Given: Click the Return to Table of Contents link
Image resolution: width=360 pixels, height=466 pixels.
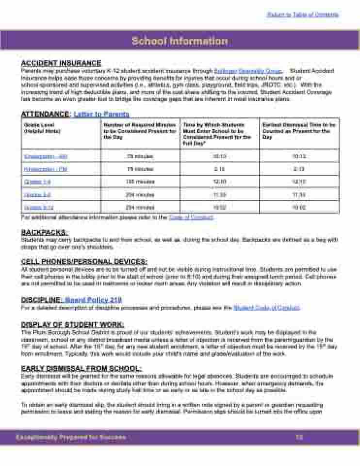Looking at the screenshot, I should [x=303, y=15].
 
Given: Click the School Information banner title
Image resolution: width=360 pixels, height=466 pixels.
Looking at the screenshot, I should [x=180, y=41].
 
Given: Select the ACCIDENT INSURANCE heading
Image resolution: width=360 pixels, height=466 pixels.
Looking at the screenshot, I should [x=61, y=63].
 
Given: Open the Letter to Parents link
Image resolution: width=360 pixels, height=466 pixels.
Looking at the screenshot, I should [x=101, y=114].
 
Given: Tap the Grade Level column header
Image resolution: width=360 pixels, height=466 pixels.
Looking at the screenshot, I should [x=36, y=128].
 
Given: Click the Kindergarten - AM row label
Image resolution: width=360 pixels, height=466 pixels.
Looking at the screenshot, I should [x=46, y=156].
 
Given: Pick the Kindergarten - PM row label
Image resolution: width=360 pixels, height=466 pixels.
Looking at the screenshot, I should [x=46, y=169].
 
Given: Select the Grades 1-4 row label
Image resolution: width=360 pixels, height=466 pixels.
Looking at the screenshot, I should [x=37, y=182].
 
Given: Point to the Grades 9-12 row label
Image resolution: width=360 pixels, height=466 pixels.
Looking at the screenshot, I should [x=38, y=207].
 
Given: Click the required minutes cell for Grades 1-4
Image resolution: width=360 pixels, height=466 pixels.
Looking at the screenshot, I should [x=140, y=182].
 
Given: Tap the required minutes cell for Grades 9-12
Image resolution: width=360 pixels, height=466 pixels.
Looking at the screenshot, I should [x=140, y=207].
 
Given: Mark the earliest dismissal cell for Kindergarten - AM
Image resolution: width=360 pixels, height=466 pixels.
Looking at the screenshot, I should [x=298, y=156].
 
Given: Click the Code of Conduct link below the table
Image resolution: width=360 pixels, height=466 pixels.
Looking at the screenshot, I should [x=191, y=217].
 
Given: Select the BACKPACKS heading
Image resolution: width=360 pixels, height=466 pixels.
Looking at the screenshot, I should [x=45, y=233].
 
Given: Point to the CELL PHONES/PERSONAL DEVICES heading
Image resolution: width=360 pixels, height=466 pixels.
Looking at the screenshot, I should [x=84, y=261].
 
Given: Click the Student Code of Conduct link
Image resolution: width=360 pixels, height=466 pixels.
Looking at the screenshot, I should [x=266, y=307].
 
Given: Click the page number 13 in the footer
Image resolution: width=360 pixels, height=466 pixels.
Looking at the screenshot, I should [x=299, y=437].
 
